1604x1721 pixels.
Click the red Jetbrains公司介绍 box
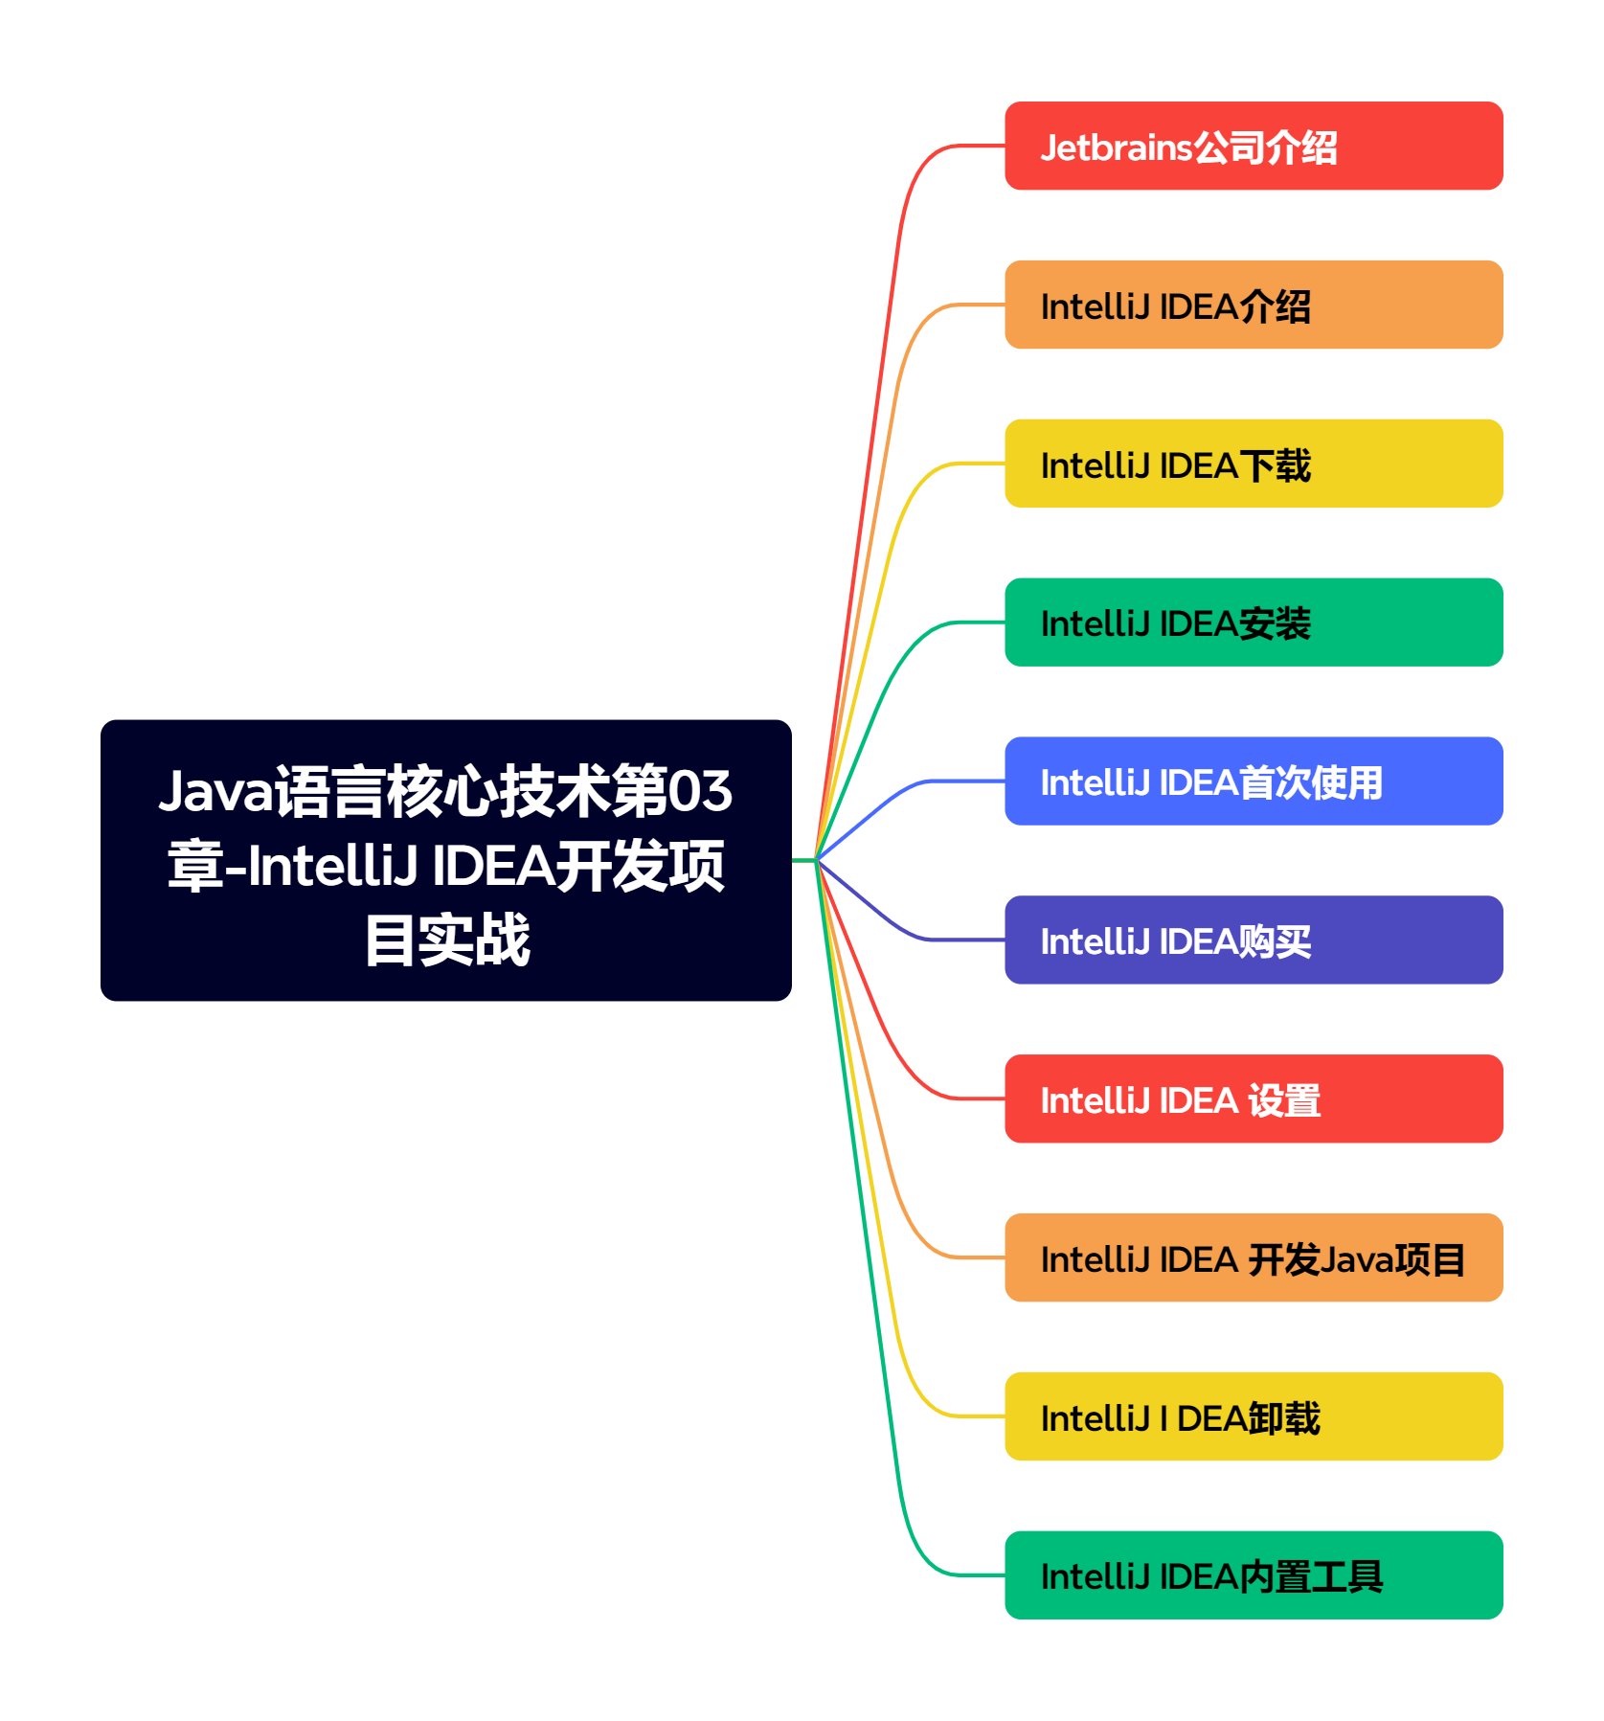pos(1253,146)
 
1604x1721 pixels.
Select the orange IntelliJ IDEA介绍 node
pos(1253,305)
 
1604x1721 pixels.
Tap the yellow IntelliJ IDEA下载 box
pos(1253,464)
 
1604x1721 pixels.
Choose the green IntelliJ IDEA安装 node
pos(1253,623)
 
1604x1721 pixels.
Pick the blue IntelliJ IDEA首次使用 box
pos(1253,781)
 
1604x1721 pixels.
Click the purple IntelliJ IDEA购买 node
pos(1253,940)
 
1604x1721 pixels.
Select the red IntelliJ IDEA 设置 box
pos(1253,1099)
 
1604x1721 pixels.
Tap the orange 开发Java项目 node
pos(1253,1258)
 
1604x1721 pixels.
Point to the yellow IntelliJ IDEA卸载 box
pos(1253,1417)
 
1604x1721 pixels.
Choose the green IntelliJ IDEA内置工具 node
pos(1253,1576)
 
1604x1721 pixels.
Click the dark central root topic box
pos(445,860)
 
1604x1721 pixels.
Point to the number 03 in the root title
pos(699,792)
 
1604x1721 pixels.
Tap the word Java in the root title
pos(215,792)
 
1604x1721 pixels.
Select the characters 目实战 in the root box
pos(446,940)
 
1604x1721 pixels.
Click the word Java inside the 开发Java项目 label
pos(1357,1260)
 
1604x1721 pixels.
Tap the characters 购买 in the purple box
pos(1275,942)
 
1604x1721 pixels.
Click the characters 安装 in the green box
pos(1275,624)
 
